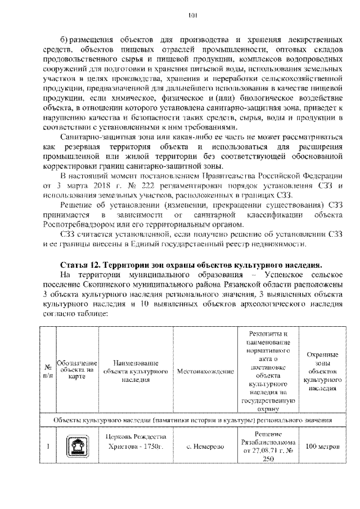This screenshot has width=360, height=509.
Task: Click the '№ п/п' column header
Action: click(x=48, y=371)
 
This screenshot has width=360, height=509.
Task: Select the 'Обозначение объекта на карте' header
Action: click(x=78, y=371)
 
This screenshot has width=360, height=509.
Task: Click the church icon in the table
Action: click(x=78, y=447)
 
